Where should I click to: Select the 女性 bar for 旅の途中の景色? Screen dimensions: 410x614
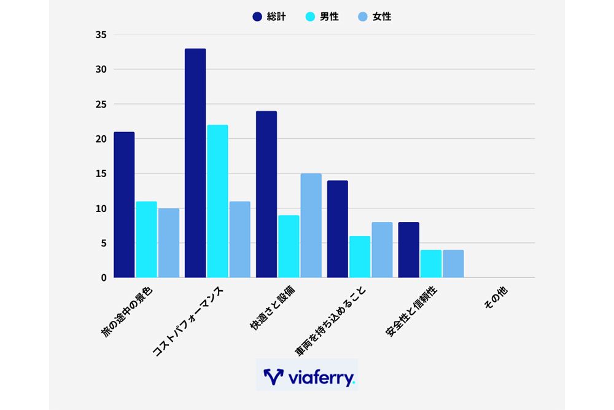pos(168,243)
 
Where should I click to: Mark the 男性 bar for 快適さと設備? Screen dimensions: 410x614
pos(289,246)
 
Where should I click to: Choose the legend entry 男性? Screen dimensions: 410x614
pos(322,17)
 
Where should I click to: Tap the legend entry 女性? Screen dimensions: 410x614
pos(374,17)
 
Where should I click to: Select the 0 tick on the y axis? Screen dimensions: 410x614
pos(104,278)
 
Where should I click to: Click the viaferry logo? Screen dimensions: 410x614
pos(306,376)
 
